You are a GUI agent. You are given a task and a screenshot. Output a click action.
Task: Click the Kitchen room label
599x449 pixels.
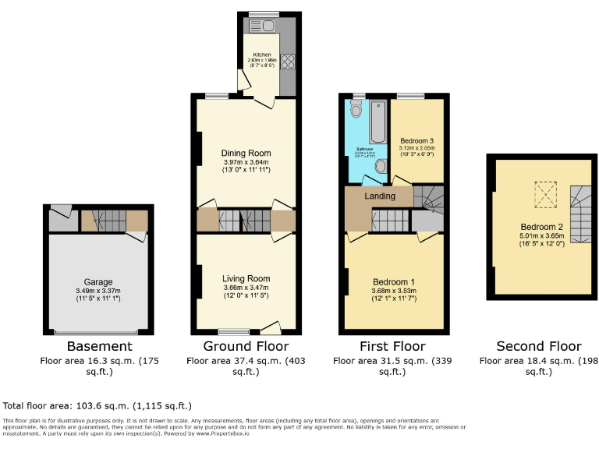[261, 55]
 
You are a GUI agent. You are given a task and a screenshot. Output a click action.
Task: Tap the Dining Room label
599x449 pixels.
[246, 153]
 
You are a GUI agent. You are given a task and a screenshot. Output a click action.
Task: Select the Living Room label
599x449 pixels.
[246, 278]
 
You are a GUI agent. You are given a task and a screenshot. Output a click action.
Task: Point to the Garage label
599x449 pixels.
[99, 282]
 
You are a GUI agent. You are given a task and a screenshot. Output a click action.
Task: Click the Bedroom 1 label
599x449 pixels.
[394, 282]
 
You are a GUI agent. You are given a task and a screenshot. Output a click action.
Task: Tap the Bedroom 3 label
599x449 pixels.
[416, 140]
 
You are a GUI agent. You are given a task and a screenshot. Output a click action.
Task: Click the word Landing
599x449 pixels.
[381, 196]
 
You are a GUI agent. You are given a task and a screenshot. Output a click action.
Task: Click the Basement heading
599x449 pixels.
[99, 346]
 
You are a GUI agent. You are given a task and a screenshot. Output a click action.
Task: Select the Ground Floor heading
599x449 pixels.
[246, 346]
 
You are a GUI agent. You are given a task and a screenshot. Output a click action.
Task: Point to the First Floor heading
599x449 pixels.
[393, 346]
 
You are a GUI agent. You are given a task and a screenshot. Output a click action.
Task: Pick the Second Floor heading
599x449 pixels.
[539, 346]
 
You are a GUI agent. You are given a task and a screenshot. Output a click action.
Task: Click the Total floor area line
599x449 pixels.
[97, 406]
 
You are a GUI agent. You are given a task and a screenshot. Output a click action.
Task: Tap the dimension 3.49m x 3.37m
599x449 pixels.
[99, 292]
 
